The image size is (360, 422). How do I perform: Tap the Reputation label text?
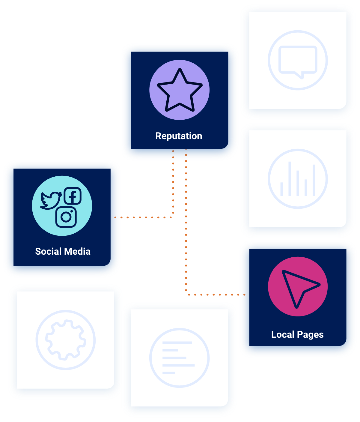point(179,136)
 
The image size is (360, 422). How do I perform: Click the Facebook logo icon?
point(73,196)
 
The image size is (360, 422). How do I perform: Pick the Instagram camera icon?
point(66,217)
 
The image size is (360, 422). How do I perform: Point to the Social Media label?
point(63,251)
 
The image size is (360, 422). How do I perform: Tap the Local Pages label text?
point(297,334)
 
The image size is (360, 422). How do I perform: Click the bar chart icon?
point(298,179)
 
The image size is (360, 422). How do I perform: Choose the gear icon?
point(66,340)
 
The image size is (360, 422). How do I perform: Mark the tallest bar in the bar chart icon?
point(290,179)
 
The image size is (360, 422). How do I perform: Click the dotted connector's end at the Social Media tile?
point(115,217)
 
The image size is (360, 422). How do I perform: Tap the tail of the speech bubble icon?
point(301,76)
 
